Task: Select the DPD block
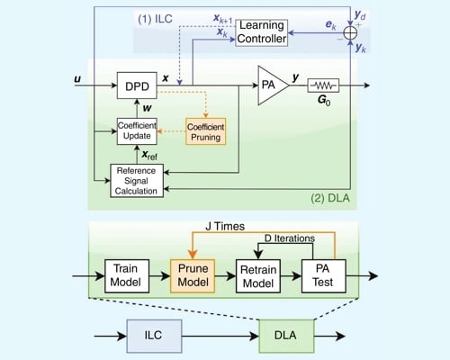[137, 87]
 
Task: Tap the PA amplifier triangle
[270, 85]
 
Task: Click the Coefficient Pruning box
[204, 130]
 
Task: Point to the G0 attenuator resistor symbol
[321, 86]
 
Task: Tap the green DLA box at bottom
[286, 334]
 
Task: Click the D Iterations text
[287, 239]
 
